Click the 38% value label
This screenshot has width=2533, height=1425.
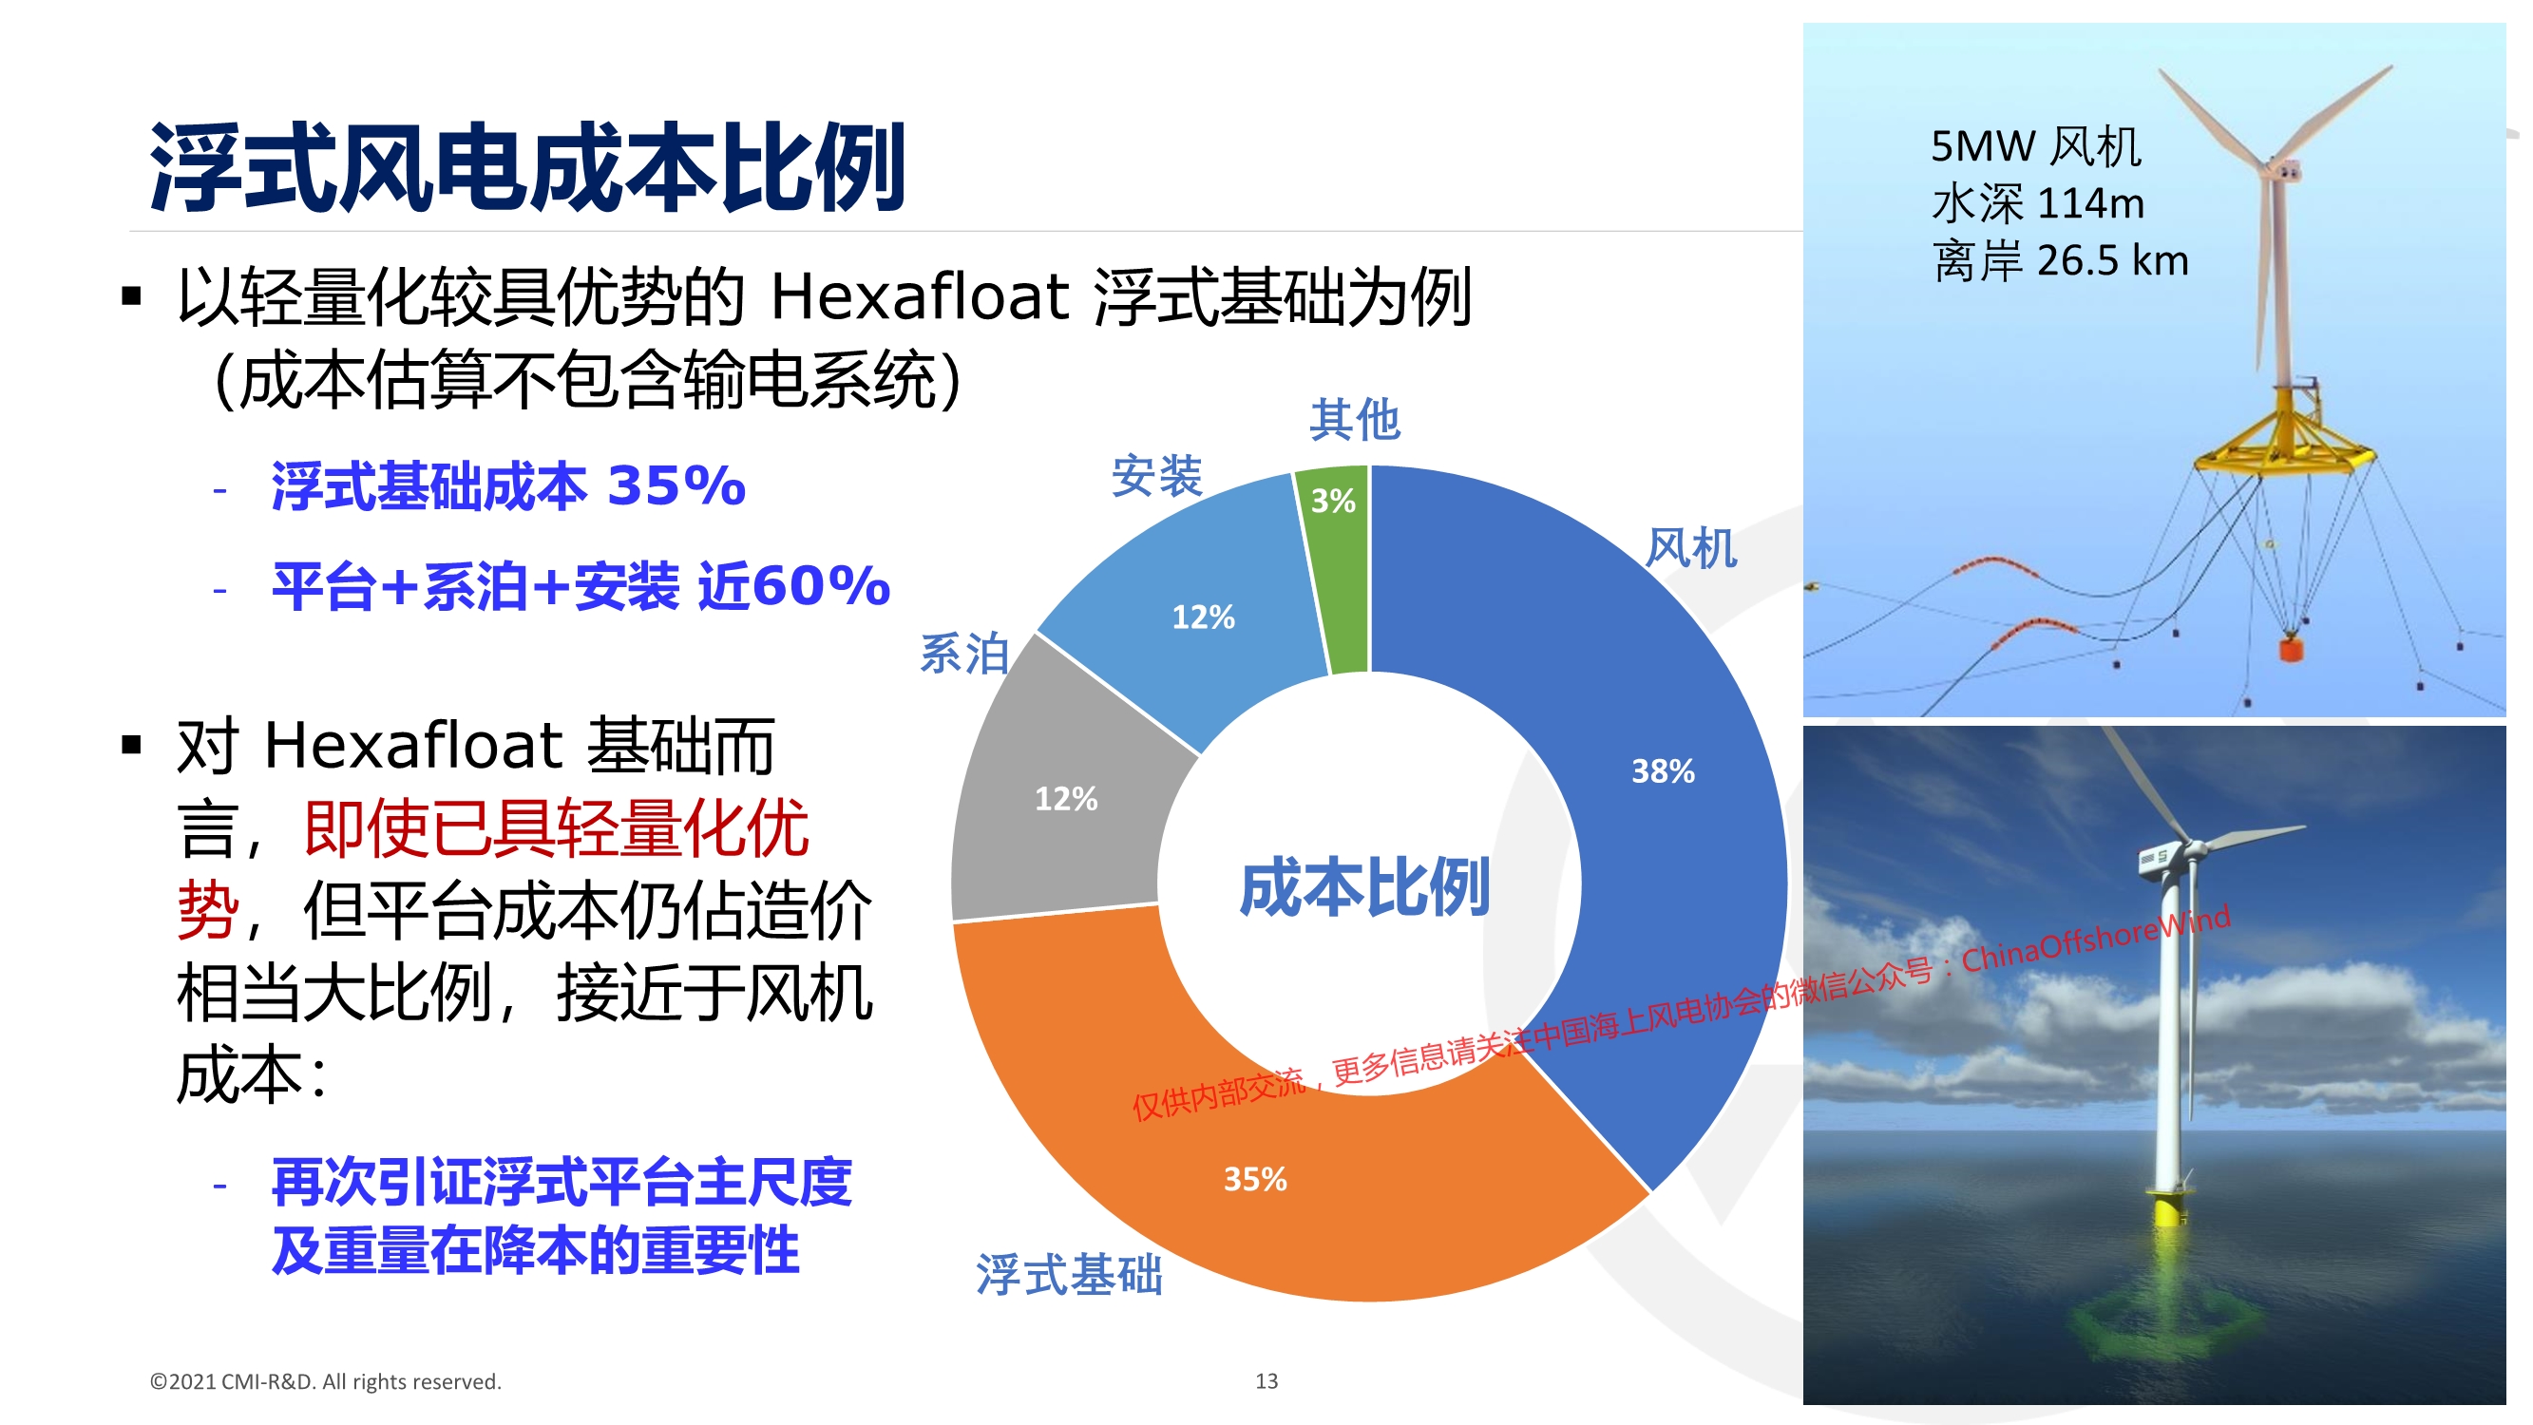(1663, 771)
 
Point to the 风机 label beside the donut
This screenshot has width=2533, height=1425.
(1691, 548)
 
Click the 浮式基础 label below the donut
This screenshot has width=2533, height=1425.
(1069, 1275)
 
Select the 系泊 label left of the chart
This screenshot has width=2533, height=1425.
(964, 653)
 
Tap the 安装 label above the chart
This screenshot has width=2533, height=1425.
(1156, 476)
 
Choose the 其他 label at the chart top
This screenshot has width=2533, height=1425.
(1354, 420)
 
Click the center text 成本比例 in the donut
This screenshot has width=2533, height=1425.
(1363, 887)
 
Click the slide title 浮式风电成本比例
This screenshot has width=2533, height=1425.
(527, 167)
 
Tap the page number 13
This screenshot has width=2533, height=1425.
(1266, 1380)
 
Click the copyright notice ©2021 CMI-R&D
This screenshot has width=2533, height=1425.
(326, 1381)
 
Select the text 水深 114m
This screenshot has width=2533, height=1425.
(2037, 203)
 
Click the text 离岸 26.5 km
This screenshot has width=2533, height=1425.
(2060, 260)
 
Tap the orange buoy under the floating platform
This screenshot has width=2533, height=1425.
(2291, 649)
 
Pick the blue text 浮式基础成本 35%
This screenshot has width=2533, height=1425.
(508, 485)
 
